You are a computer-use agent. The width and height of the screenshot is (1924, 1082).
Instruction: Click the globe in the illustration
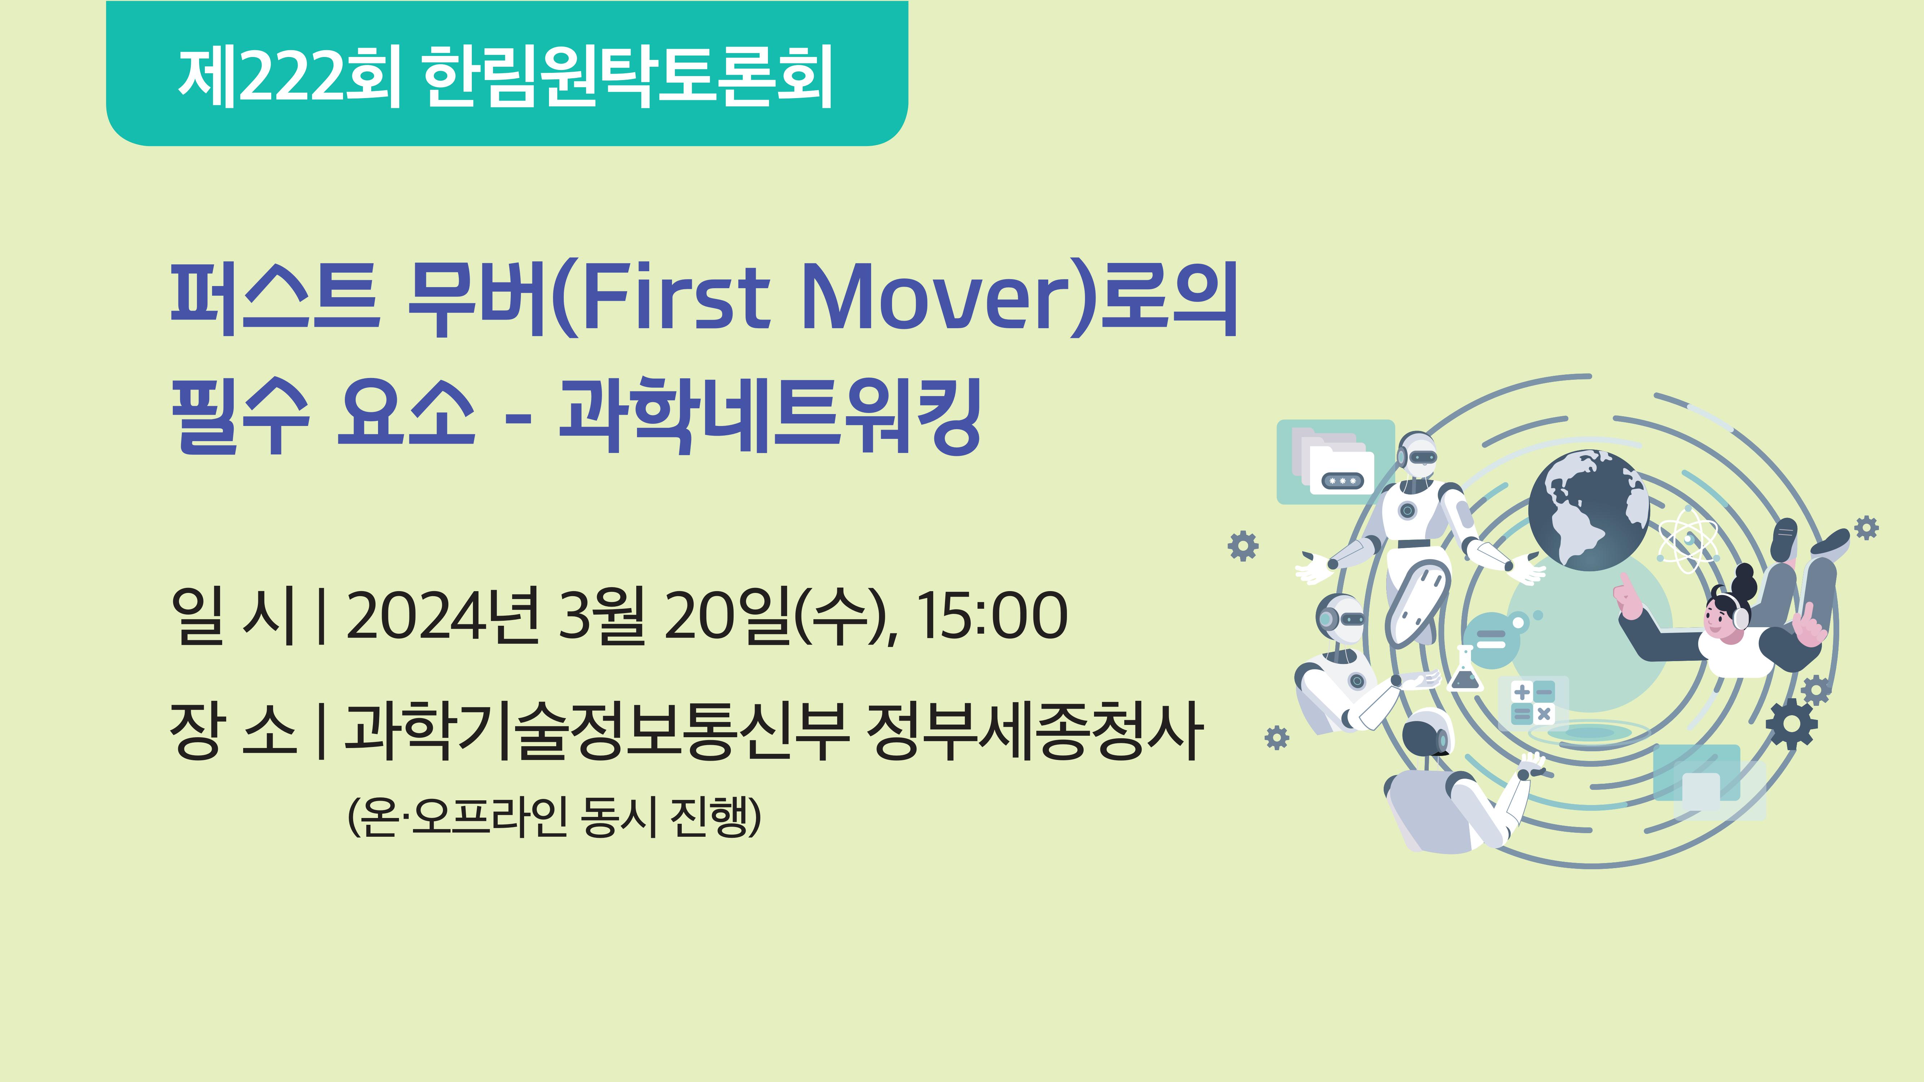(x=1588, y=511)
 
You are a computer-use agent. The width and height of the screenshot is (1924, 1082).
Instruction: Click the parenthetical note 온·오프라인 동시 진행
(x=554, y=817)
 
